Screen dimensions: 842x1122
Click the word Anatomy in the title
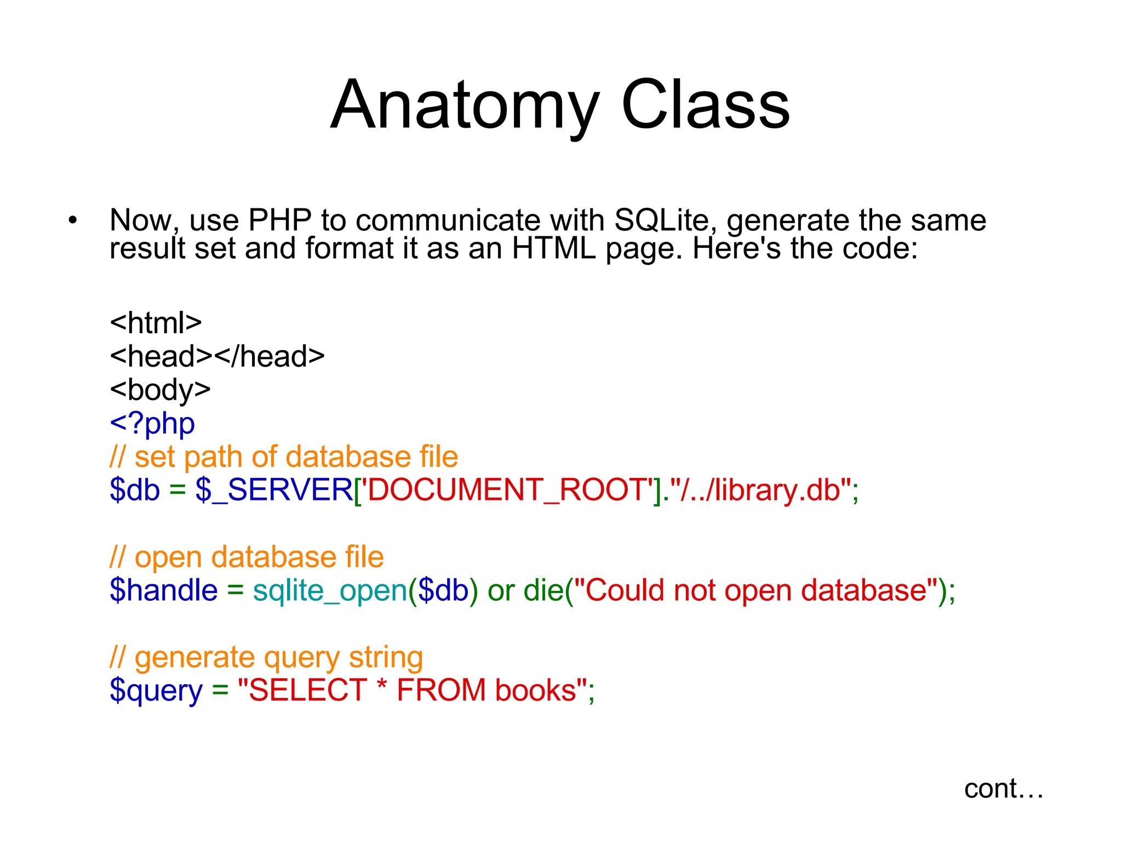(x=465, y=105)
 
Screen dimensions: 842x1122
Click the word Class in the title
(x=706, y=105)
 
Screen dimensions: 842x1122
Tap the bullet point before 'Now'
(x=73, y=221)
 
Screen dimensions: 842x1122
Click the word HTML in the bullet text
(x=553, y=248)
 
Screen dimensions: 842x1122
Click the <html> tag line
(x=156, y=322)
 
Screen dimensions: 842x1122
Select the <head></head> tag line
(x=217, y=356)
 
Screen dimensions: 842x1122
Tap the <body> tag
(x=160, y=390)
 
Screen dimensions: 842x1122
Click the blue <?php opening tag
(x=152, y=423)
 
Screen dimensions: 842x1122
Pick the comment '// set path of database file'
(x=284, y=457)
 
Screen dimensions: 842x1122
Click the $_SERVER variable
(x=274, y=490)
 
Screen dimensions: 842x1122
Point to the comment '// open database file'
(x=247, y=557)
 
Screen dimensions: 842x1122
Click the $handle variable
(x=163, y=590)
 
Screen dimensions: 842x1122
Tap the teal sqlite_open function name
(x=330, y=590)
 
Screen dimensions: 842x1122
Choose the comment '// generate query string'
(x=266, y=657)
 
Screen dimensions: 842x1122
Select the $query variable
(x=156, y=691)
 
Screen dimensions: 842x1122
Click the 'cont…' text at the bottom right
(x=1003, y=789)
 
